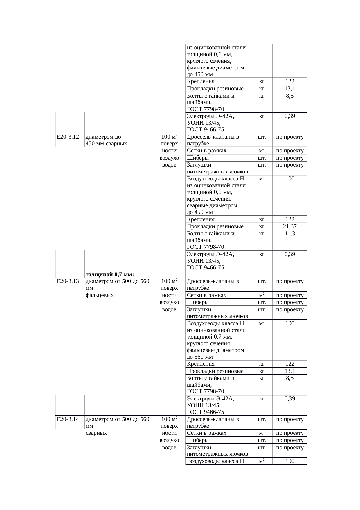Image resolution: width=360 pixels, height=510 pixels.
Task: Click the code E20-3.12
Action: click(x=68, y=137)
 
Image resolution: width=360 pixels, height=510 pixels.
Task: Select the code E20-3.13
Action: click(x=68, y=281)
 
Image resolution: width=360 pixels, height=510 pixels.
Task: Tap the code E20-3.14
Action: click(x=68, y=419)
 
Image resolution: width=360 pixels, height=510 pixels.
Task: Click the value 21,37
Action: click(x=290, y=226)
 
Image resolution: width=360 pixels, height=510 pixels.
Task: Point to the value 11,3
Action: click(x=290, y=234)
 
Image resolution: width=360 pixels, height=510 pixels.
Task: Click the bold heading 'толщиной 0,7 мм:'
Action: click(x=110, y=274)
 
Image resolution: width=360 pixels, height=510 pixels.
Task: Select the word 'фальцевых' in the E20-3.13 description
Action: click(x=100, y=295)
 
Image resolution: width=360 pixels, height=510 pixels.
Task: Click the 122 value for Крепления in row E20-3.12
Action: click(x=290, y=219)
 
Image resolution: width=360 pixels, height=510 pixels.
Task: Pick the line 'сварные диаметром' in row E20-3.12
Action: click(x=212, y=205)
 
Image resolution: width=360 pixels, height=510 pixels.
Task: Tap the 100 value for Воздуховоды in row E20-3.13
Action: click(x=290, y=323)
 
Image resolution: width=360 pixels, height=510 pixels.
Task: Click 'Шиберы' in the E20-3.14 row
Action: click(x=198, y=440)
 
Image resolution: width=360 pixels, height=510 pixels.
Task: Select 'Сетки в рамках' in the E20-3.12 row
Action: click(x=206, y=151)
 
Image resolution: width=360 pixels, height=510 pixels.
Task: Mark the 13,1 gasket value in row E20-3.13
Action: click(x=290, y=371)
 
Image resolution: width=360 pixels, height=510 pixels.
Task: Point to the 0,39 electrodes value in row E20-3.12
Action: click(x=290, y=254)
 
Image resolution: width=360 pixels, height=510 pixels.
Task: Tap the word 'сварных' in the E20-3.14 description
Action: click(x=96, y=433)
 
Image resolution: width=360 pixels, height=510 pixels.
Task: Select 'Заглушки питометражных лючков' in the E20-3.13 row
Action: click(x=217, y=313)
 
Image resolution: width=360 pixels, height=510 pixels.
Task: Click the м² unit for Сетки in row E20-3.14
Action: click(x=262, y=433)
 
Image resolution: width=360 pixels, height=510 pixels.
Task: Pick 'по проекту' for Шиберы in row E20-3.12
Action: click(x=290, y=158)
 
